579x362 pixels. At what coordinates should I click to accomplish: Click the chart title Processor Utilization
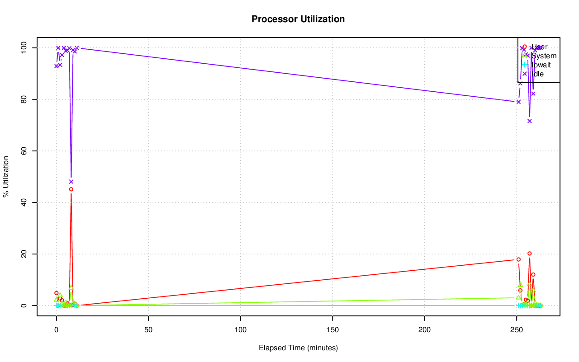pyautogui.click(x=298, y=19)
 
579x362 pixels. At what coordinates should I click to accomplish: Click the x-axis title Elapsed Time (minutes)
pyautogui.click(x=298, y=348)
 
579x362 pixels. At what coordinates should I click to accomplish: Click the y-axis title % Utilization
pyautogui.click(x=6, y=177)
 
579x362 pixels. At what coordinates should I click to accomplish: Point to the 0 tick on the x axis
pyautogui.click(x=57, y=330)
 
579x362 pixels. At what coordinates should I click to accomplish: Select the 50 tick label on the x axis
pyautogui.click(x=148, y=330)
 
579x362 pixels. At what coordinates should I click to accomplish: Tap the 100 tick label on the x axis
pyautogui.click(x=241, y=330)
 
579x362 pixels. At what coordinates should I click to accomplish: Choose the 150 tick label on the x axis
pyautogui.click(x=332, y=330)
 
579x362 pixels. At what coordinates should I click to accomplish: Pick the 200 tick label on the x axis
pyautogui.click(x=425, y=330)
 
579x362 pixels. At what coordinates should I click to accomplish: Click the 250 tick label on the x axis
pyautogui.click(x=517, y=330)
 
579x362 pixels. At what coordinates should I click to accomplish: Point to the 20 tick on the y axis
pyautogui.click(x=24, y=254)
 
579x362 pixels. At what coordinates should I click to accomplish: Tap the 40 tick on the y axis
pyautogui.click(x=24, y=202)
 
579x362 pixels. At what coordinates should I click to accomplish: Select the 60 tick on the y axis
pyautogui.click(x=24, y=151)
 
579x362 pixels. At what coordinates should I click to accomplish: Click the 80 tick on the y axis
pyautogui.click(x=24, y=99)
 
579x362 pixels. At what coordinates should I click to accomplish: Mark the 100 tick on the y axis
pyautogui.click(x=23, y=48)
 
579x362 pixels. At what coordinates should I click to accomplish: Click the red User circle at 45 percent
pyautogui.click(x=71, y=189)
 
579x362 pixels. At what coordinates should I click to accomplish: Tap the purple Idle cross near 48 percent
pyautogui.click(x=71, y=182)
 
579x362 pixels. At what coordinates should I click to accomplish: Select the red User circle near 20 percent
pyautogui.click(x=529, y=254)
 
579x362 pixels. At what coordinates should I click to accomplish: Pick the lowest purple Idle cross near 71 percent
pyautogui.click(x=529, y=121)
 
